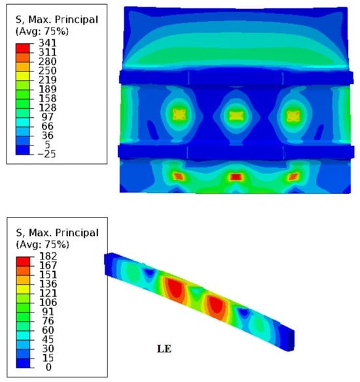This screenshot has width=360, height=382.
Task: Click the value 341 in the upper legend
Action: (x=48, y=43)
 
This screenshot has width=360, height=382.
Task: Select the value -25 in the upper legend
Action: (x=46, y=154)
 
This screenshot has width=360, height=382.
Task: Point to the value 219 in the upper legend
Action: (x=48, y=80)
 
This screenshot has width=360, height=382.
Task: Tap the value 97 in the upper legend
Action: (x=48, y=117)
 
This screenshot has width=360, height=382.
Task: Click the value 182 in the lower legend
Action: (x=48, y=256)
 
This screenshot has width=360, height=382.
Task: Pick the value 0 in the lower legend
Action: (x=48, y=367)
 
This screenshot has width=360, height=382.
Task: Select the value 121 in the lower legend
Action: (x=48, y=293)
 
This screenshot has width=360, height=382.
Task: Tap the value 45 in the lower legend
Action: (x=48, y=339)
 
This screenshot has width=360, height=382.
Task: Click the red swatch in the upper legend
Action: (x=22, y=48)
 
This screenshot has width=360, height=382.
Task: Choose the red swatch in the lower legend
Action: (x=23, y=261)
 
